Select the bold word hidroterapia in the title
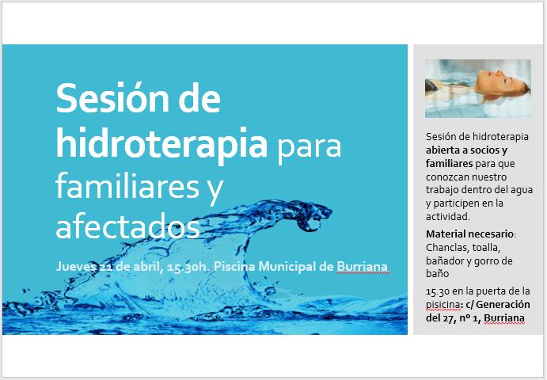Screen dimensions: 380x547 click(161, 142)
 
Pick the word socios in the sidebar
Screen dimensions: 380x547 click(486, 150)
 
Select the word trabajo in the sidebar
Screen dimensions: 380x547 click(443, 191)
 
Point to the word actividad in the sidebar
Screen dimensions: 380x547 click(448, 216)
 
